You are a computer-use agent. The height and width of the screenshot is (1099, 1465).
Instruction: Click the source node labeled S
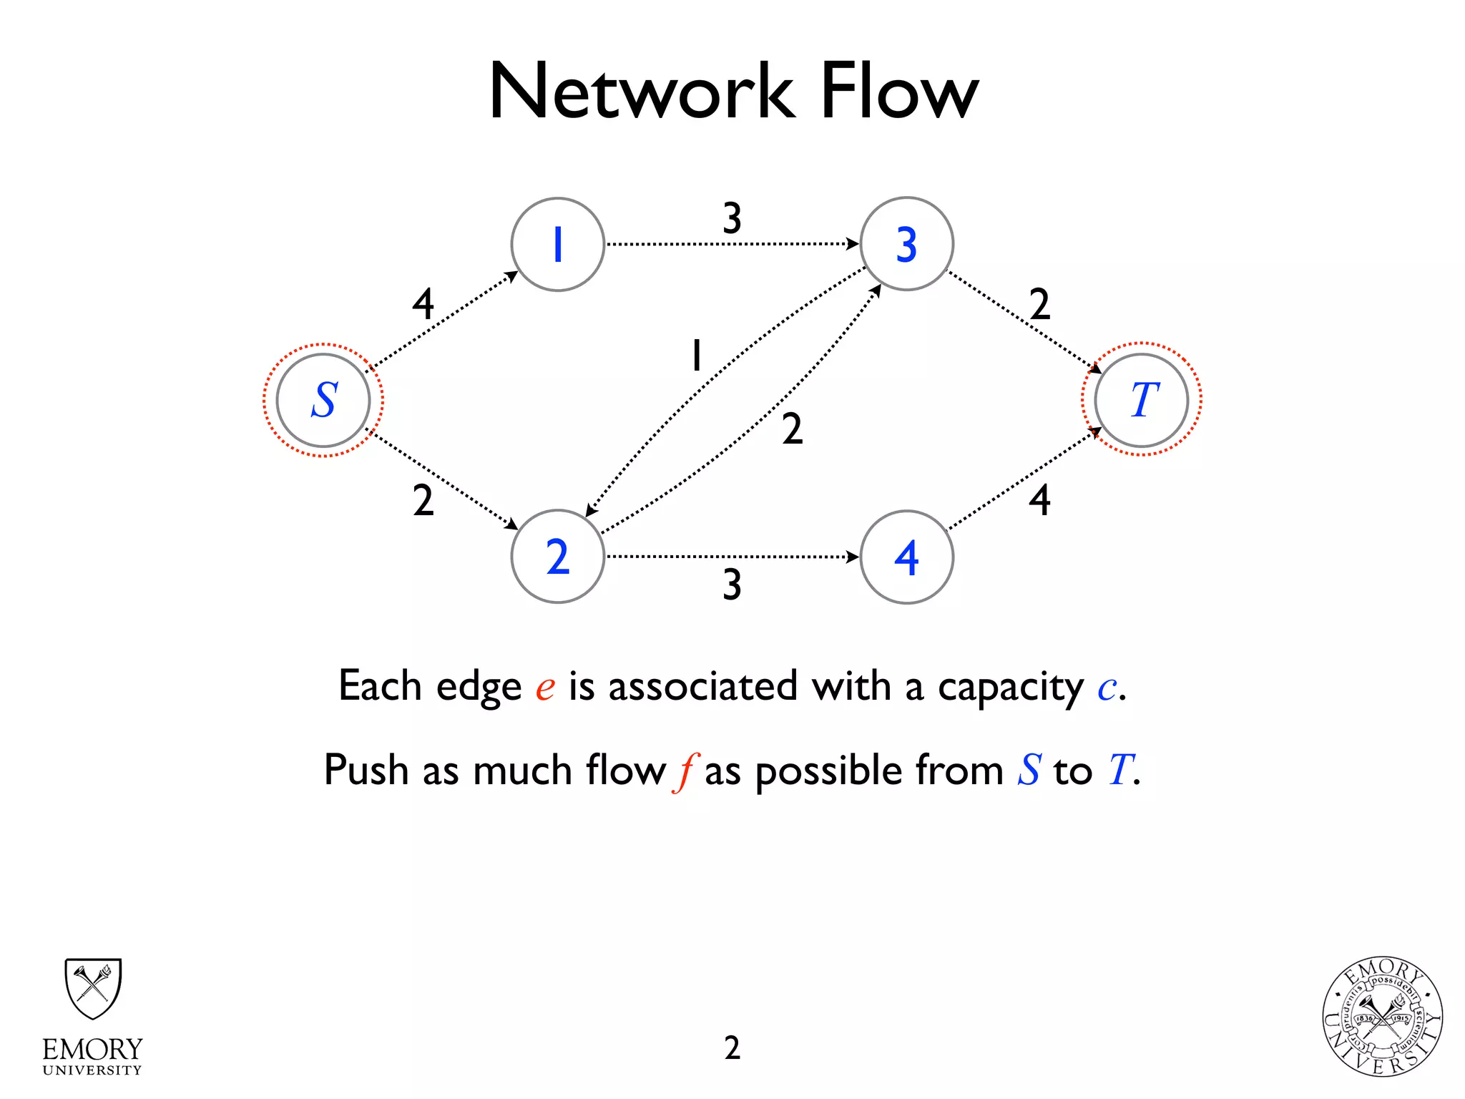(323, 400)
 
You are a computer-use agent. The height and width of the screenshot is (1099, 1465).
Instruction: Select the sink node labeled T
(1142, 400)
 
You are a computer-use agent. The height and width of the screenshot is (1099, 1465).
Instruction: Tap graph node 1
(557, 245)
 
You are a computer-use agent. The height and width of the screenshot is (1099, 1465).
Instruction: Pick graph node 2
(557, 557)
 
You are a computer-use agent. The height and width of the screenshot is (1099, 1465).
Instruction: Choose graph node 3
(906, 245)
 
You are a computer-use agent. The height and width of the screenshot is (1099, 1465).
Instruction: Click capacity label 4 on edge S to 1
(423, 304)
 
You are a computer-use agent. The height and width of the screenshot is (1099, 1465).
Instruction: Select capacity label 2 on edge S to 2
(423, 500)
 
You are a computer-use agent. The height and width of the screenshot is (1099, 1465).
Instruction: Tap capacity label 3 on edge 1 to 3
(732, 218)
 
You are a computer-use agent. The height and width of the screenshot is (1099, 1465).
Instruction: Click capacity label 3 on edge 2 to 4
(732, 585)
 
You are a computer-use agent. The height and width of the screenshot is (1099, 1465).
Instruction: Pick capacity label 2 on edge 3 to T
(1039, 304)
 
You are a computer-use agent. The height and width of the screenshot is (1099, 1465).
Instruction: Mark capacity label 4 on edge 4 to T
(1039, 500)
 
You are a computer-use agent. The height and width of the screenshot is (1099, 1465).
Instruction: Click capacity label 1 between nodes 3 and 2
(696, 355)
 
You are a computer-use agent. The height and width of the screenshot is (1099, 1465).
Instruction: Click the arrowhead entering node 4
(853, 557)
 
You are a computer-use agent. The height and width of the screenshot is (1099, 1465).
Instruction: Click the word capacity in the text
(1011, 687)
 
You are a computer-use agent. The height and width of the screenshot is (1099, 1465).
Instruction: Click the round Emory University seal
(1382, 1017)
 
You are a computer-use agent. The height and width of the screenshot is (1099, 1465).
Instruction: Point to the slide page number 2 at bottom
(732, 1047)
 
